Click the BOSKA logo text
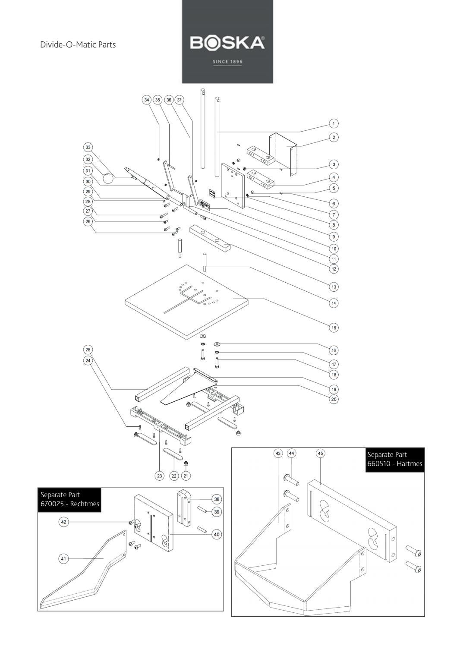coord(227,43)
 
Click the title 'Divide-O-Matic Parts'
coord(78,44)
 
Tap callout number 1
coord(333,124)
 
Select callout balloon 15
coord(333,328)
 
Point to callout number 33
coord(88,147)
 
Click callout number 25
coord(88,350)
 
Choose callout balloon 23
coord(160,476)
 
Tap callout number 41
coord(63,559)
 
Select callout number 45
coord(320,454)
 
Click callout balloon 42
coord(63,522)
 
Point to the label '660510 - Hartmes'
coord(394,464)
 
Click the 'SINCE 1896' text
coord(227,62)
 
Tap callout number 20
coord(333,399)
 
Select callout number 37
coord(180,100)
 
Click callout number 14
coord(333,303)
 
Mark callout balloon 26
coord(88,221)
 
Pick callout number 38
coord(217,499)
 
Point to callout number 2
coord(333,137)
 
